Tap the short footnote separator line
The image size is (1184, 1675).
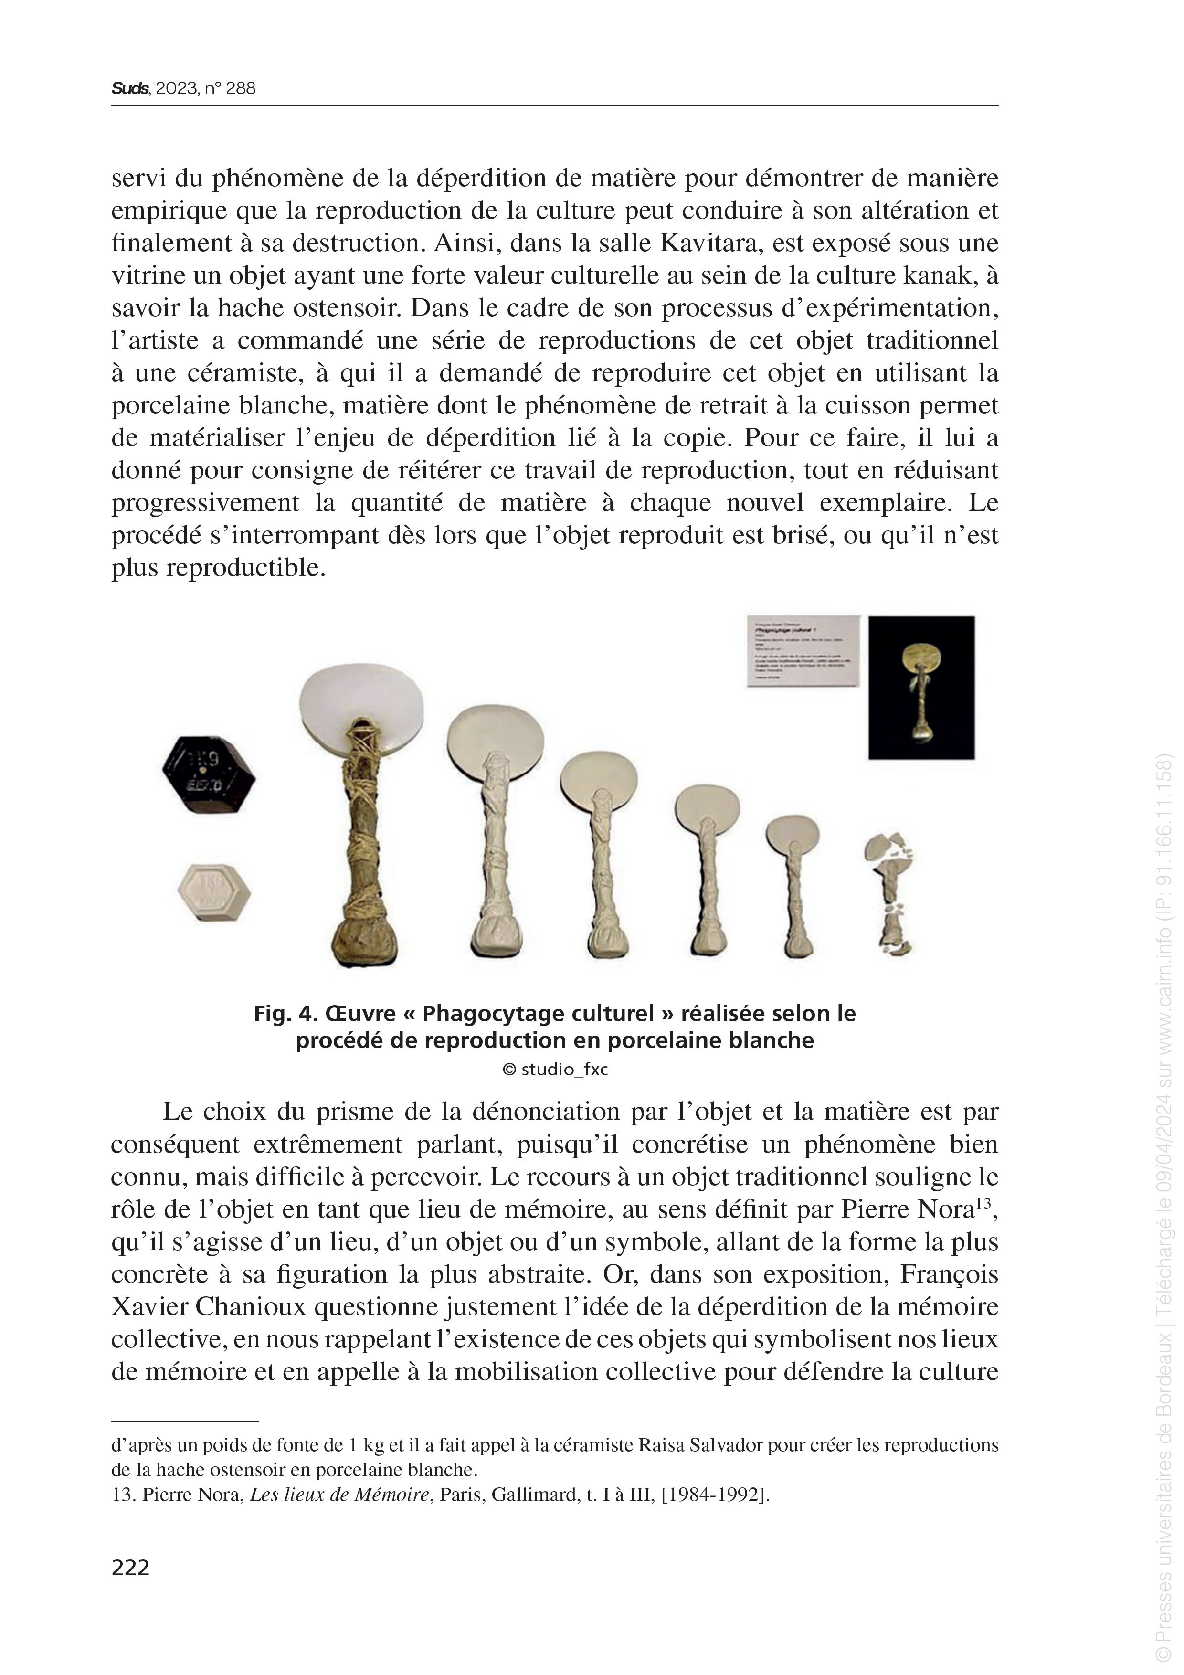[185, 1421]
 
